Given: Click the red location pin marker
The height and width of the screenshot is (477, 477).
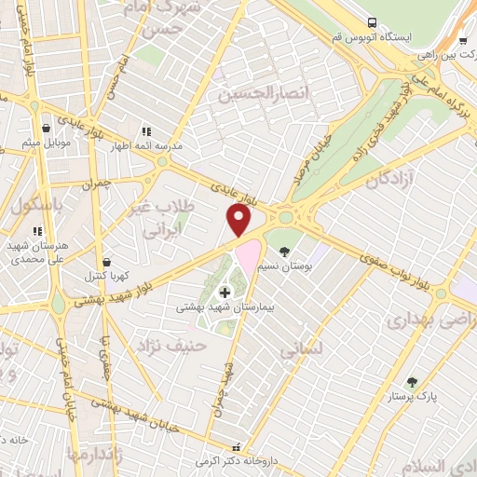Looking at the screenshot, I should tap(239, 220).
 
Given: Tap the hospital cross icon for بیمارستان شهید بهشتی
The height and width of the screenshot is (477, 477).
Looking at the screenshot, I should tap(225, 293).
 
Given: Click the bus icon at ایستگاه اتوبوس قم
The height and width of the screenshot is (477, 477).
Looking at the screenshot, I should tap(373, 21).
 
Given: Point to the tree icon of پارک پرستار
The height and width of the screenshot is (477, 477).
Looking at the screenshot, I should tap(412, 382).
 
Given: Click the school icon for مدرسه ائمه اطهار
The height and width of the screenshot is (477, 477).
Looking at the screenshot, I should tap(144, 131).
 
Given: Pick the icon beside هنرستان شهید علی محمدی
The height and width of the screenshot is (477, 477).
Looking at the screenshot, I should tap(37, 230).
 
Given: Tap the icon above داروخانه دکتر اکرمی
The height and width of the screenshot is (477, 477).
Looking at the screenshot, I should tap(235, 446).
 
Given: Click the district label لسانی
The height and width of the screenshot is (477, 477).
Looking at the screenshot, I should tap(301, 350).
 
